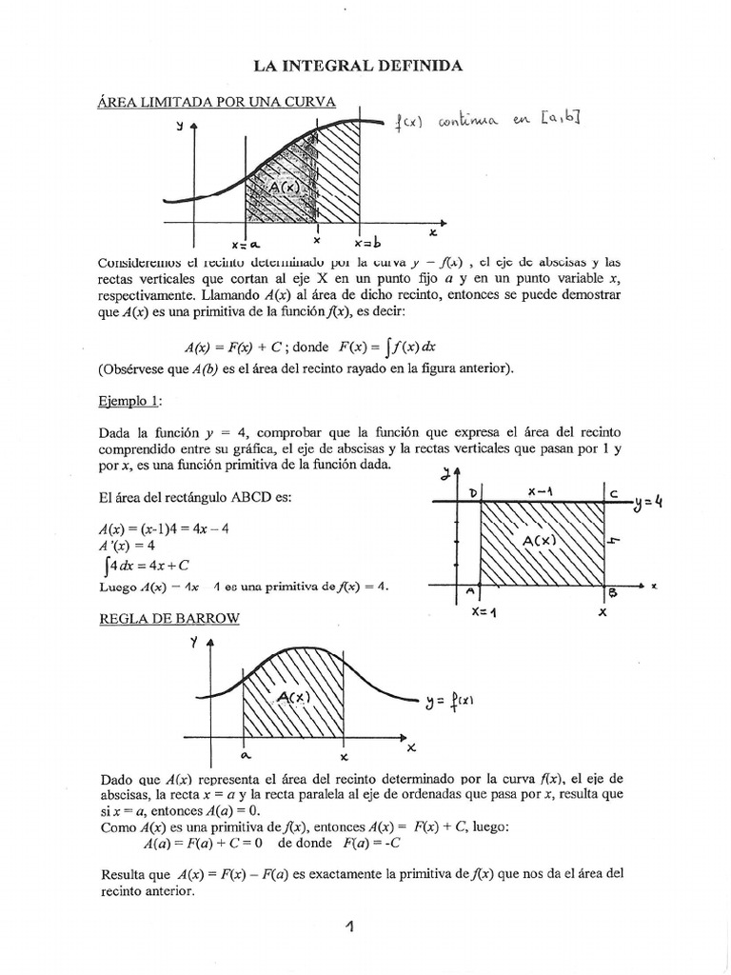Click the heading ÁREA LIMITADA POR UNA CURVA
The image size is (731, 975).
[x=217, y=103]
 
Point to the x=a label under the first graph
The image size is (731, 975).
[x=245, y=244]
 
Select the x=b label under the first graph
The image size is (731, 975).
[x=367, y=242]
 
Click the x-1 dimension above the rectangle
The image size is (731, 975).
[x=542, y=489]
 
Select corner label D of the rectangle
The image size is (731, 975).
[x=471, y=491]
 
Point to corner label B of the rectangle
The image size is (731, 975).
[x=612, y=593]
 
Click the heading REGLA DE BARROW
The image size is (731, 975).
[x=169, y=618]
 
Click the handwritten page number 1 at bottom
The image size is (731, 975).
[x=349, y=925]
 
